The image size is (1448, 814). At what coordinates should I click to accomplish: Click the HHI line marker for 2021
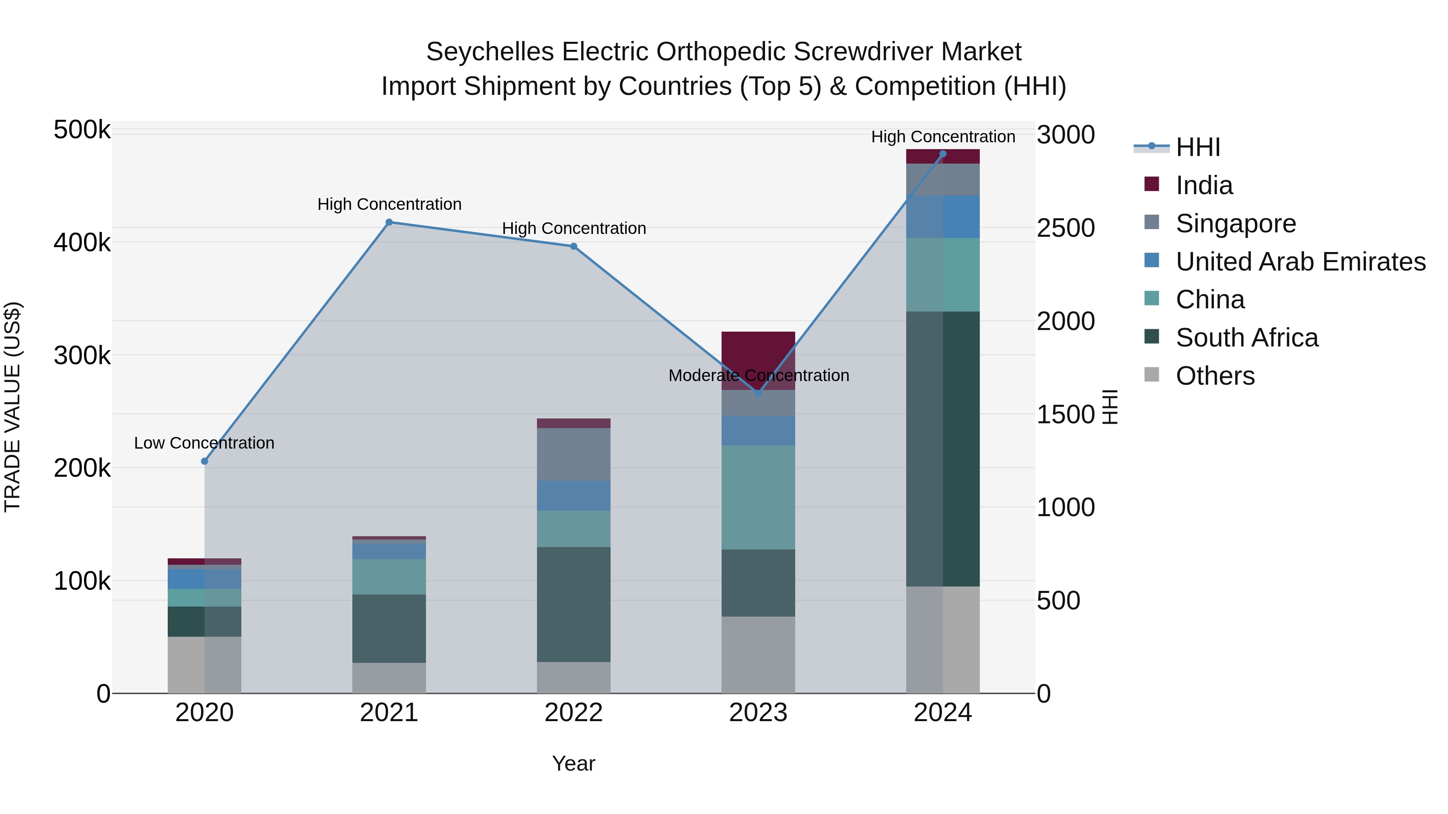click(x=389, y=222)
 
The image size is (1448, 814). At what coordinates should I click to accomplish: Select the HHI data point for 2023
click(x=758, y=394)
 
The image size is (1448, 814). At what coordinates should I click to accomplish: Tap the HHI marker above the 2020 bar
click(x=205, y=461)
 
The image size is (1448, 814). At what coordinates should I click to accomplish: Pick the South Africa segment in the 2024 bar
click(x=943, y=449)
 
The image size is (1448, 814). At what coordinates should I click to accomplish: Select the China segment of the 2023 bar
click(x=758, y=497)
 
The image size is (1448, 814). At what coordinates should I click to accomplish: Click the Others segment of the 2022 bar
click(x=573, y=677)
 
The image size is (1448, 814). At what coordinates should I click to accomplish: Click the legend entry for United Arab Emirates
click(x=1300, y=262)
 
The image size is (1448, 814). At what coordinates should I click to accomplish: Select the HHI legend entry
click(x=1197, y=147)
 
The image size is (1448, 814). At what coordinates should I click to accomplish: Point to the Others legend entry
click(x=1215, y=376)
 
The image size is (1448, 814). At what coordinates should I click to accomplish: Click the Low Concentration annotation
click(x=204, y=443)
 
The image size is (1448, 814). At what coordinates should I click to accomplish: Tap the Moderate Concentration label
click(x=758, y=375)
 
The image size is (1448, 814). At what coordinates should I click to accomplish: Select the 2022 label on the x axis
click(x=573, y=713)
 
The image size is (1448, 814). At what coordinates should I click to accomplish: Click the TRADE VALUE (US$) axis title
click(x=12, y=407)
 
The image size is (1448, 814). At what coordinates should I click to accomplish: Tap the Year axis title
click(x=573, y=763)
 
